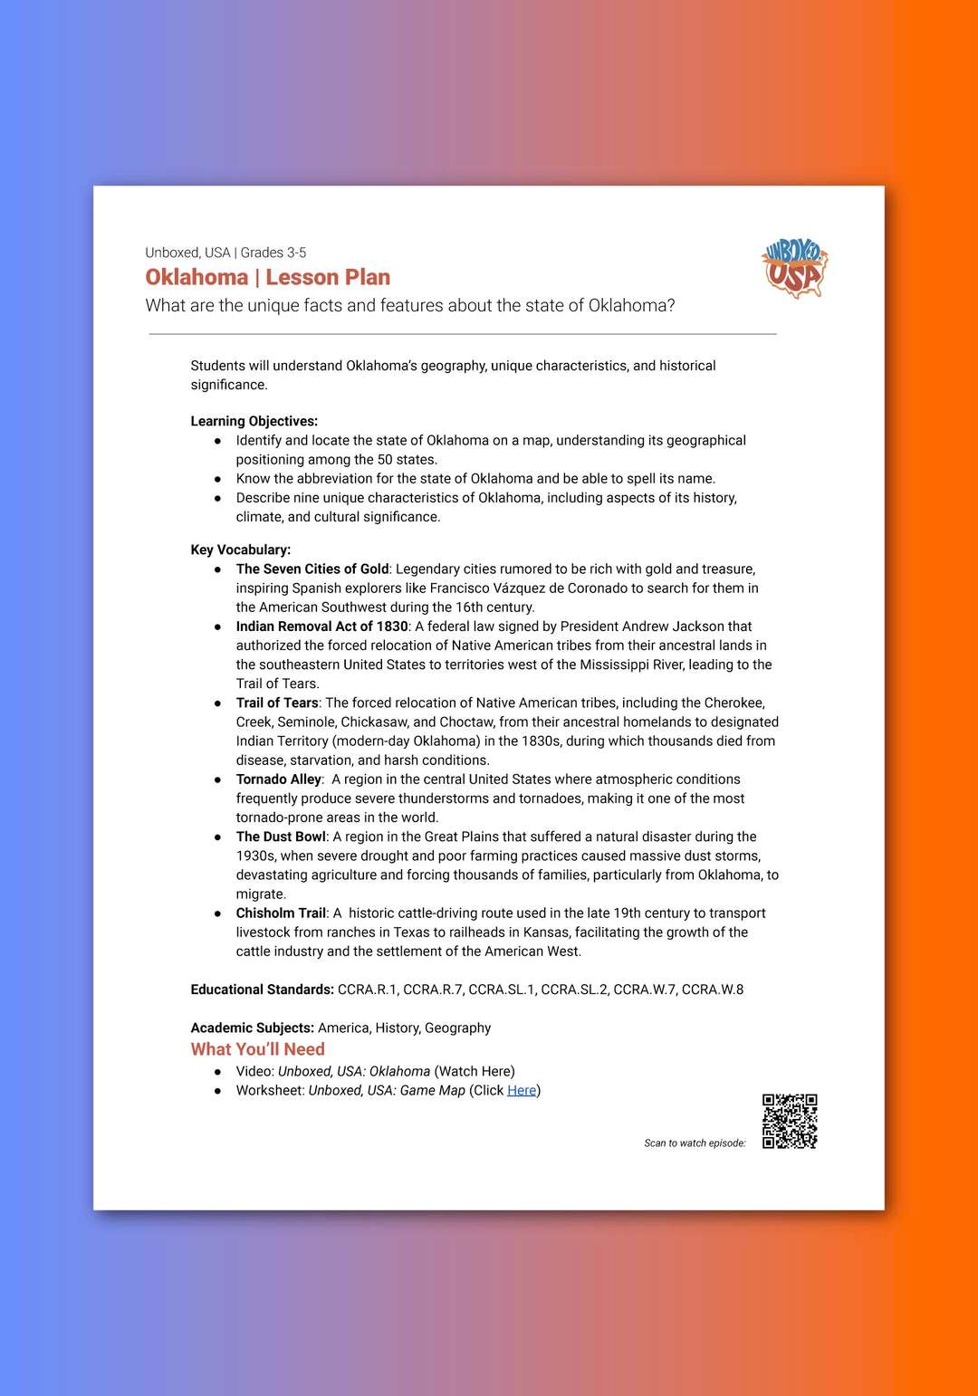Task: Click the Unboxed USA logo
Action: click(x=795, y=268)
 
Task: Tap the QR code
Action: click(x=790, y=1121)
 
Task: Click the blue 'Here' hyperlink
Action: click(x=522, y=1090)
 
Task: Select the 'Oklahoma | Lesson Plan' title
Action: click(x=268, y=277)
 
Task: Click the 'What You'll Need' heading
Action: click(x=257, y=1049)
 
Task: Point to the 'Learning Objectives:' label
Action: click(x=254, y=421)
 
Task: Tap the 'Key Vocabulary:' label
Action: click(x=240, y=550)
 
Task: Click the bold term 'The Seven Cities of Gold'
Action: click(x=312, y=569)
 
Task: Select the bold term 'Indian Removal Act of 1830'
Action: click(x=321, y=626)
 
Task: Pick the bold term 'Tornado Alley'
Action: click(x=278, y=779)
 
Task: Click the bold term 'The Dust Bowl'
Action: click(x=281, y=837)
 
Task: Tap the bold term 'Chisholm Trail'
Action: click(x=281, y=913)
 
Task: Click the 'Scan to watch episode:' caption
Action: click(x=695, y=1143)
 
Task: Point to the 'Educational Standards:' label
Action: click(x=262, y=990)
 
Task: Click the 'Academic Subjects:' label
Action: click(x=253, y=1028)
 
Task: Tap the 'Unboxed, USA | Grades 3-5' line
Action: click(x=225, y=253)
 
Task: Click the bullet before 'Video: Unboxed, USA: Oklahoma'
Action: click(x=217, y=1072)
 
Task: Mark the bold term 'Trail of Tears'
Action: click(x=277, y=703)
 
